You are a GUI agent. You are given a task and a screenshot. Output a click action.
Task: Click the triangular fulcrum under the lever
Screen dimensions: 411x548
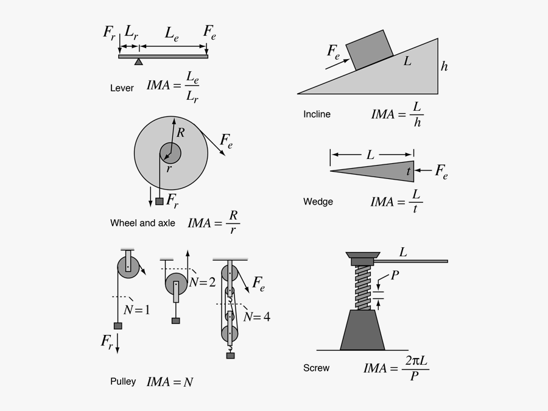[139, 61]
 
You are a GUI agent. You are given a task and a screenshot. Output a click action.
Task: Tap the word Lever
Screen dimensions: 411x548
[122, 88]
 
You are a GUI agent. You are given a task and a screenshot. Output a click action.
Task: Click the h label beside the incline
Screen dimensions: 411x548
[444, 66]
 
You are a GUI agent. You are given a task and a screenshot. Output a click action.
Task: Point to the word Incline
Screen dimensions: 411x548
[317, 114]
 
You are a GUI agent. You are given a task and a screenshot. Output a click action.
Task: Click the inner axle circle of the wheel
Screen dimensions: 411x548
[170, 153]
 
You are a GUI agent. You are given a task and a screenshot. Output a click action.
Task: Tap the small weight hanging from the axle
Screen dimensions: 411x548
[160, 201]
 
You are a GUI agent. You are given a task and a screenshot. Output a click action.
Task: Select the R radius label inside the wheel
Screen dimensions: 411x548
[181, 132]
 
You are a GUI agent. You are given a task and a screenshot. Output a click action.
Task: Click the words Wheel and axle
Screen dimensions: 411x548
[142, 223]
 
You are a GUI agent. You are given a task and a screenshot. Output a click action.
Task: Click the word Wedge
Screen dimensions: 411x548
[318, 202]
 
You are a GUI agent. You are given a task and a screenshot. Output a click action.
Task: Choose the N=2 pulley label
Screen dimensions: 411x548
[202, 282]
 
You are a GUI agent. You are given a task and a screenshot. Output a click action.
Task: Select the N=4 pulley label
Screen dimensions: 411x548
[257, 317]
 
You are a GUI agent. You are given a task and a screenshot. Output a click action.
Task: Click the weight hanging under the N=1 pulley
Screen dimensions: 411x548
[118, 326]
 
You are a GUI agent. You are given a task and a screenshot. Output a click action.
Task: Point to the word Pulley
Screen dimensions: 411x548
[123, 382]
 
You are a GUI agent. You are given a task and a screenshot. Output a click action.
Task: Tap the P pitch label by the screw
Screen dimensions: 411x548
[395, 276]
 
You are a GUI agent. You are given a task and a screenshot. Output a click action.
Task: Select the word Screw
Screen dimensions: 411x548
[316, 368]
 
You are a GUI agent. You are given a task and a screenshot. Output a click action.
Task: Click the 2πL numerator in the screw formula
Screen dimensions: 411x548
[415, 362]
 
